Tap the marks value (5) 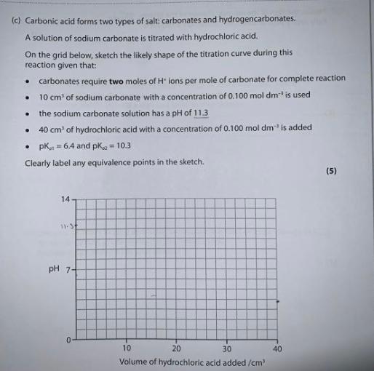pos(331,172)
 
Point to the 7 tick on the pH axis pos(68,269)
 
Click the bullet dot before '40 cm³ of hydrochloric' pos(28,129)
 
